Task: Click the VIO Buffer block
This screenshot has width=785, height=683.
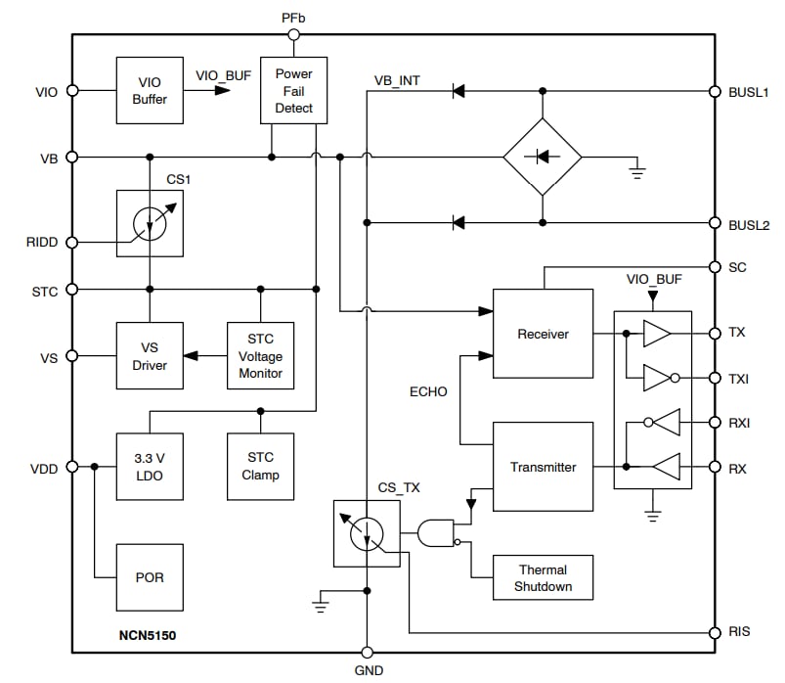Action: point(149,90)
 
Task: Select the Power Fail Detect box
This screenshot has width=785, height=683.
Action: point(293,90)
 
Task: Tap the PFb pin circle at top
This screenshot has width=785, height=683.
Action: point(293,35)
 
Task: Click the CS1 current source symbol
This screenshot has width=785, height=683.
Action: point(150,223)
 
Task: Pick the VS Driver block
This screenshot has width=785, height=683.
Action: point(149,356)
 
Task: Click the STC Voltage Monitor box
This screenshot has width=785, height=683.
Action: point(260,356)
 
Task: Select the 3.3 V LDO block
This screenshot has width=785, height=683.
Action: point(149,466)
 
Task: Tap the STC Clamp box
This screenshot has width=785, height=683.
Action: point(260,466)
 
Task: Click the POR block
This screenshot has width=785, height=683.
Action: point(149,577)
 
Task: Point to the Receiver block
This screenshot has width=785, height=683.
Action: point(543,334)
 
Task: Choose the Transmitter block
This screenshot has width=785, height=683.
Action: point(543,467)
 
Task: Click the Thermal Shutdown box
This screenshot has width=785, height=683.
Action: point(543,578)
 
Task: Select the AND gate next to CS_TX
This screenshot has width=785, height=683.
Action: point(436,533)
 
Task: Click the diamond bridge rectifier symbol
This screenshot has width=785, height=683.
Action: point(543,157)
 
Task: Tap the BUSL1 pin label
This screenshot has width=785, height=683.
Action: point(749,92)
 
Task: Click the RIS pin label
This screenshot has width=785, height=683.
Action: point(739,632)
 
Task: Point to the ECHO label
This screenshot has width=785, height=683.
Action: point(428,392)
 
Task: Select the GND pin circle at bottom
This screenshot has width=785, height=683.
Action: point(368,653)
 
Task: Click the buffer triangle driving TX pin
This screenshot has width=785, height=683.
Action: point(657,334)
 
